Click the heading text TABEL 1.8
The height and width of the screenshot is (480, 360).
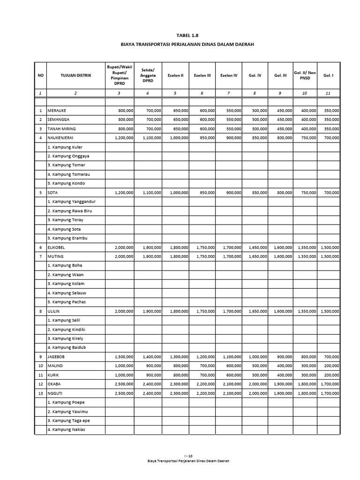coord(180,35)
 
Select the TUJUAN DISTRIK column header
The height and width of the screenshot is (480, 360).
coord(76,75)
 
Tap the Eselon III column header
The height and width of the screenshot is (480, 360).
coord(202,75)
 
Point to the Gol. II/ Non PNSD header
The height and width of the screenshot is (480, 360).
coord(305,75)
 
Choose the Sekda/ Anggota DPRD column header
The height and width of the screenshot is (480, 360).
coord(147,75)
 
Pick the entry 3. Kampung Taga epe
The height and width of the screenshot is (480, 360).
coord(68,421)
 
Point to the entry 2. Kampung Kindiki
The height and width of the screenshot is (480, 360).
coord(67,330)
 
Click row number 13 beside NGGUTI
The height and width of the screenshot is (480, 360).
coord(40,393)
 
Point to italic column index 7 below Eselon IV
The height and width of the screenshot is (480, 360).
coord(228,93)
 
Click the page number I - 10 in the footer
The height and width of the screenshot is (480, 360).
coord(181,455)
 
